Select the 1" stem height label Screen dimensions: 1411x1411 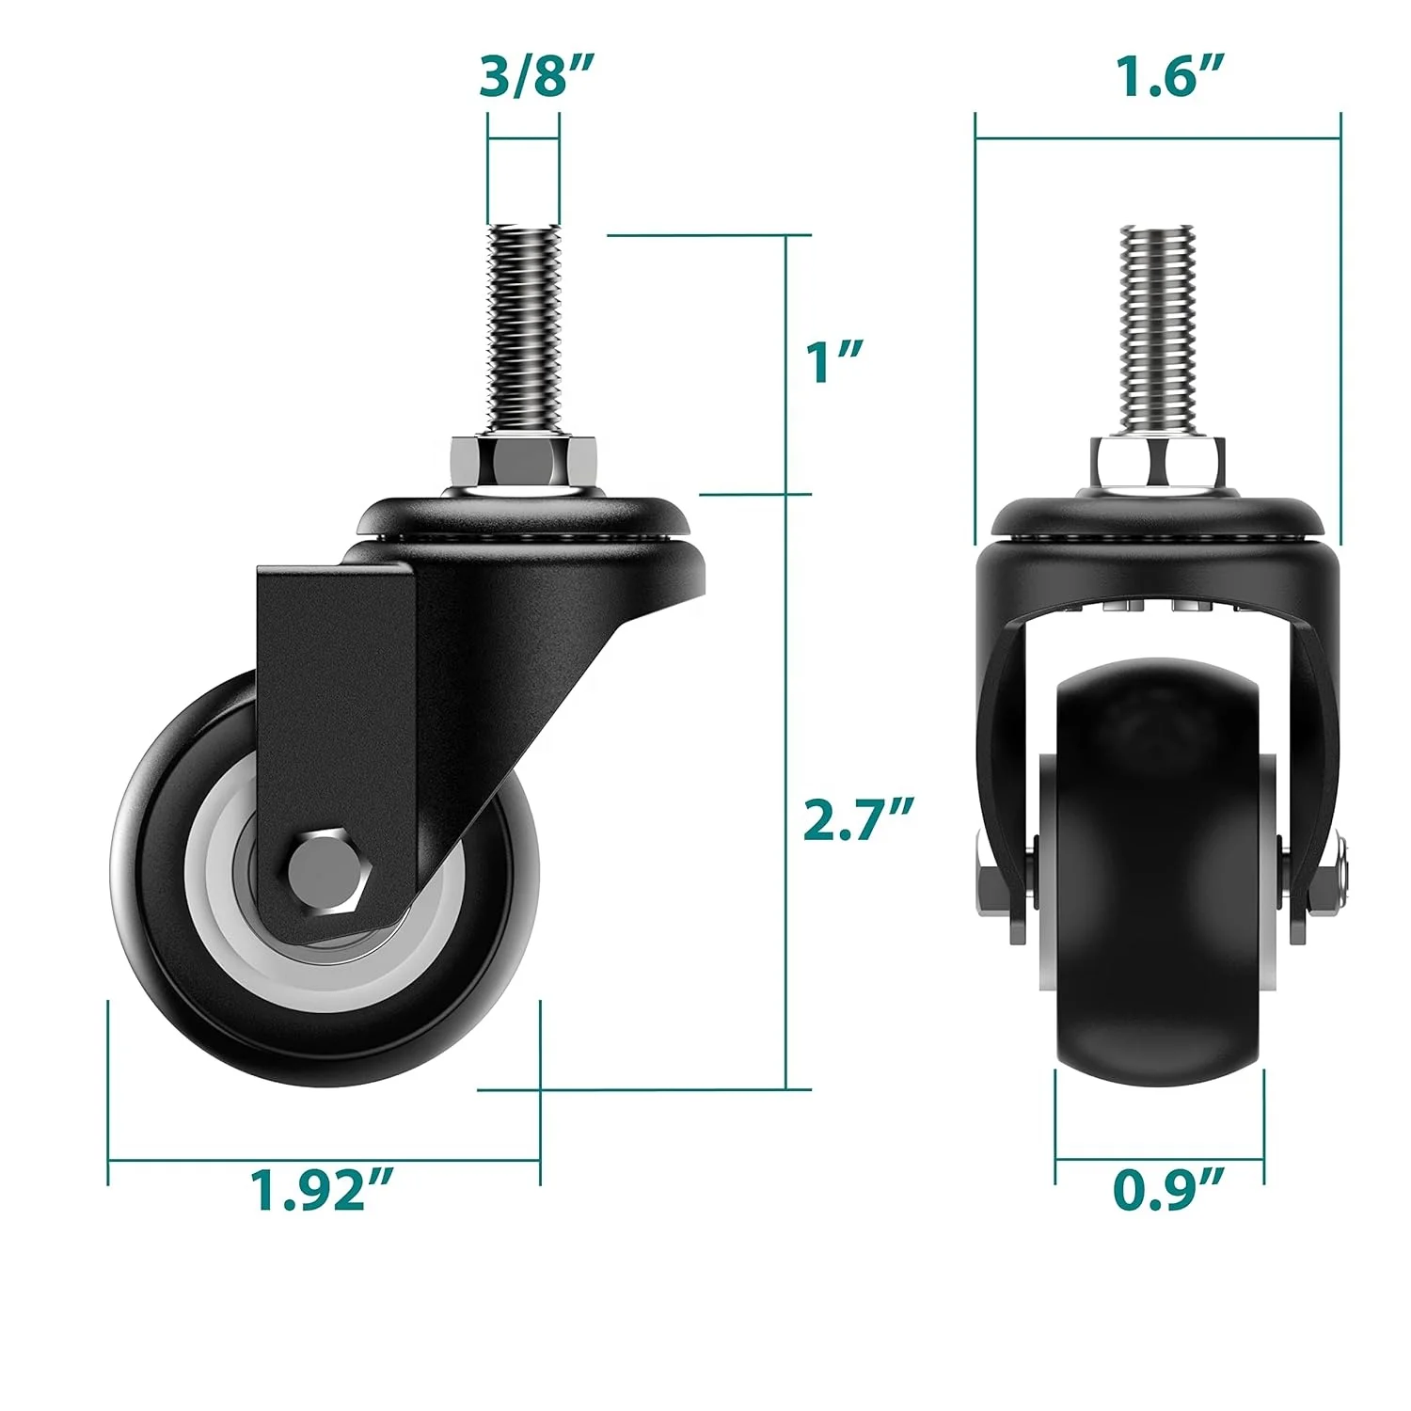coord(833,361)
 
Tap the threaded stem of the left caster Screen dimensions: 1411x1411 coord(524,329)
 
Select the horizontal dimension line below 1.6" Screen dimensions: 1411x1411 coord(1157,138)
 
